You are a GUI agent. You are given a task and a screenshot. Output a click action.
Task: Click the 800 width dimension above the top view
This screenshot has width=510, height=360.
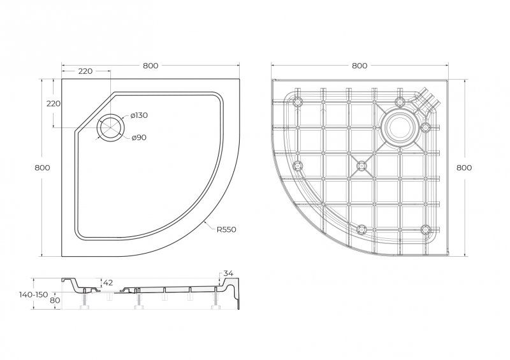150,66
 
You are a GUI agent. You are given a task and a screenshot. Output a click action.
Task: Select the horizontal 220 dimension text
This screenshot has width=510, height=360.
86,71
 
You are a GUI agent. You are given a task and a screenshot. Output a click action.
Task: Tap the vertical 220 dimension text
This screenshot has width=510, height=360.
53,103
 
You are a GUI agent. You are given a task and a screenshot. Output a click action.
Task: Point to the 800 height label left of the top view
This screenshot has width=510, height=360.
42,167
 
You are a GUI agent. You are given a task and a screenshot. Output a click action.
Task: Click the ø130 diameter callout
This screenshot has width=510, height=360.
138,115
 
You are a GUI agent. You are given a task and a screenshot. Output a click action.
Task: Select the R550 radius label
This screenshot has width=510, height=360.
226,229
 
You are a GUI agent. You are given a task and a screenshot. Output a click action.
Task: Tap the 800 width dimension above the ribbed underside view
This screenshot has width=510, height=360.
360,66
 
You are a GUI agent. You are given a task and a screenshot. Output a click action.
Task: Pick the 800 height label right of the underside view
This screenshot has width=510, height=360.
465,168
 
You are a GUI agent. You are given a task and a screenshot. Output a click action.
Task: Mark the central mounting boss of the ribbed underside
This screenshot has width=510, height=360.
362,166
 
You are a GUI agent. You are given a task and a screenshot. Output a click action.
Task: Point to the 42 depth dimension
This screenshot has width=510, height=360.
108,282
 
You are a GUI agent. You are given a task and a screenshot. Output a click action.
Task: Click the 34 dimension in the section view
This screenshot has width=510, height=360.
229,274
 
